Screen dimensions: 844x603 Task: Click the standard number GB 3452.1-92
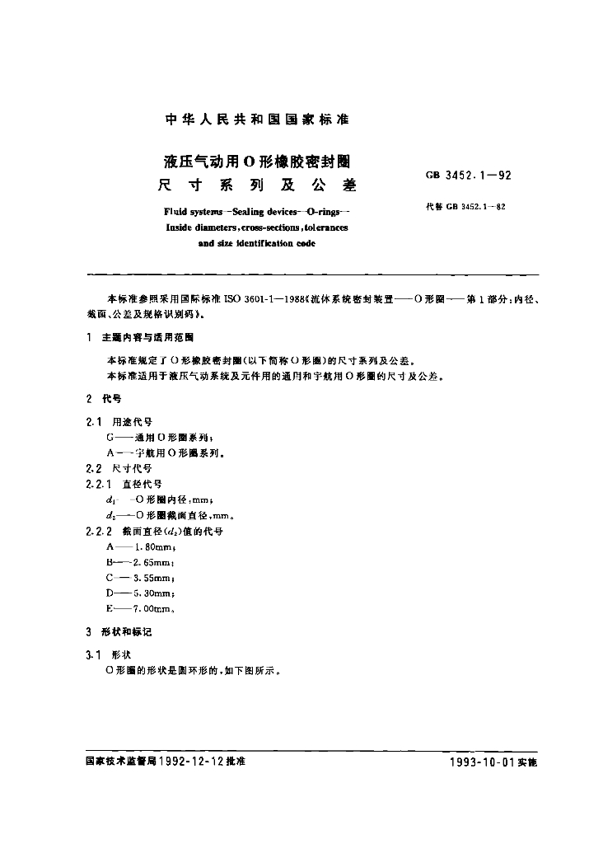point(469,176)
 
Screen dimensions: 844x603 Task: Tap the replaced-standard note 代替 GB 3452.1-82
point(465,207)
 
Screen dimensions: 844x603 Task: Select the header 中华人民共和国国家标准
point(258,120)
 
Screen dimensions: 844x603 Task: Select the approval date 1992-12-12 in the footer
point(194,762)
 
